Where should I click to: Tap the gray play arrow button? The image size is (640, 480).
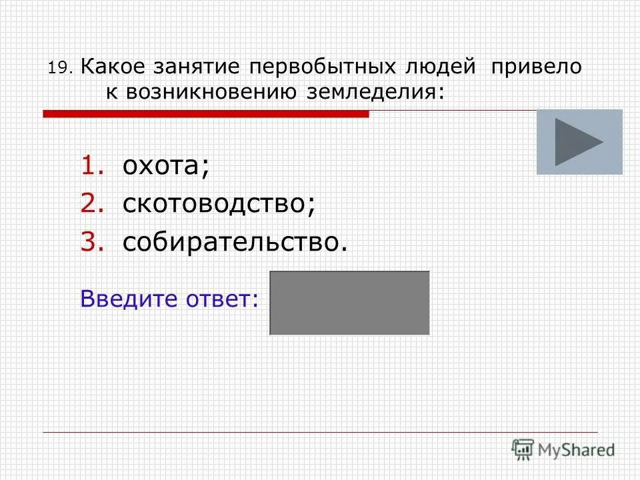(x=579, y=142)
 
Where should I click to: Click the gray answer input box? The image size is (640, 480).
(x=349, y=303)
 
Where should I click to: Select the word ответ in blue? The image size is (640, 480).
(x=224, y=299)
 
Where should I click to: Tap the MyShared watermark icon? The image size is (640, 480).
(x=523, y=449)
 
